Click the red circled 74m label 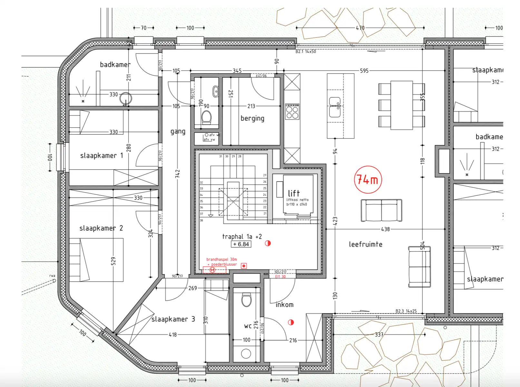[x=368, y=180]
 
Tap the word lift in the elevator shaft [x=294, y=193]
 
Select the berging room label [x=252, y=118]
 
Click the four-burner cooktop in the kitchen [x=292, y=112]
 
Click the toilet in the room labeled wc [x=246, y=300]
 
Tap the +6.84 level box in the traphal [x=241, y=244]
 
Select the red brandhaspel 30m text [x=221, y=259]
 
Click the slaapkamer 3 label [x=173, y=319]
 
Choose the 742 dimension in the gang [x=177, y=174]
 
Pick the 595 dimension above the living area [x=364, y=71]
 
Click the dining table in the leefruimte [x=401, y=105]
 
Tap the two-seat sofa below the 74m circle [x=381, y=211]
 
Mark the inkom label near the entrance [x=284, y=305]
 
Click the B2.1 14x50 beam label [x=306, y=52]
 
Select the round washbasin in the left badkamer [x=125, y=98]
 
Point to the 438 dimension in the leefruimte [x=385, y=229]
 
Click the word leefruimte [x=366, y=244]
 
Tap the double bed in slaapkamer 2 [x=96, y=260]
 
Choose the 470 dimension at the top [x=360, y=28]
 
